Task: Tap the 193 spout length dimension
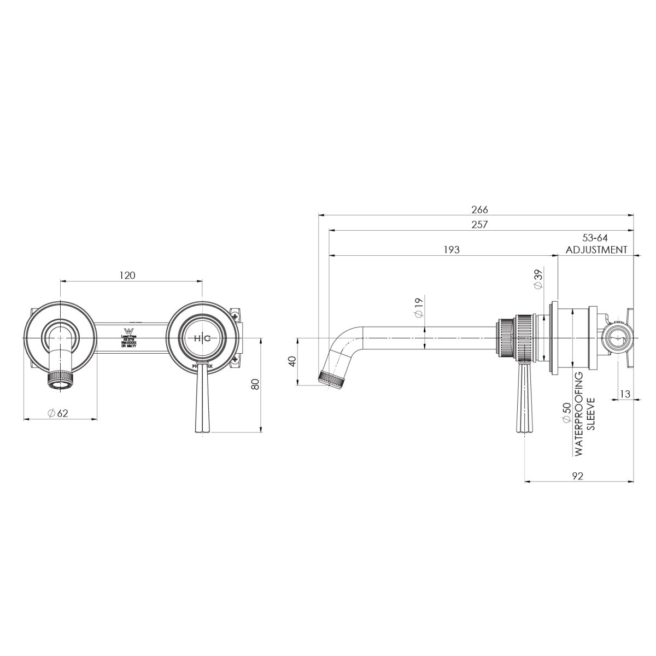point(452,249)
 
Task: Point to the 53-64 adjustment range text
point(595,238)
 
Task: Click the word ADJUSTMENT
point(596,250)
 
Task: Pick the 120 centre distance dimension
point(127,276)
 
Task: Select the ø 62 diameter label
point(57,413)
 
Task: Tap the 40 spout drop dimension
point(292,362)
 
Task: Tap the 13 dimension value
point(626,394)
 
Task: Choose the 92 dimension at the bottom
point(578,476)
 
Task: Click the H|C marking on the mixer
point(202,339)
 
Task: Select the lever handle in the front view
point(202,399)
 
